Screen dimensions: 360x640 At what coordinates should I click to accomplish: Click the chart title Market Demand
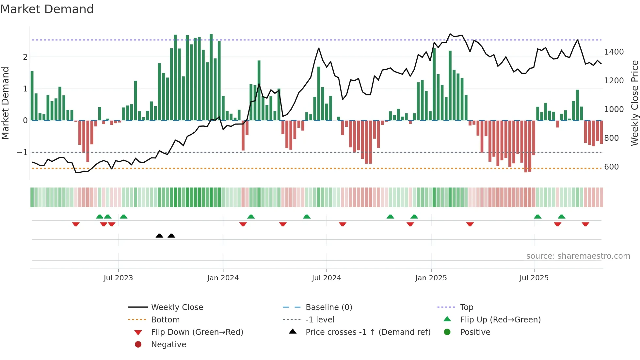[x=47, y=9]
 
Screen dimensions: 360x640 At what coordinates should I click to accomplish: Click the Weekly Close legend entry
[x=177, y=307]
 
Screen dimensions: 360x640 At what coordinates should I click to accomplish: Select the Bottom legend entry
[x=165, y=319]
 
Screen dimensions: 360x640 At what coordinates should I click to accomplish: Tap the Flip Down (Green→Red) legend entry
[x=197, y=332]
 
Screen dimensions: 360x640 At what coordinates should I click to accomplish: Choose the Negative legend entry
[x=168, y=344]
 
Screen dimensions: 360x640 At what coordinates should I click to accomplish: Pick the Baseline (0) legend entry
[x=328, y=307]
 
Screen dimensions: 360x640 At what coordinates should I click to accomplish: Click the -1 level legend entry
[x=320, y=319]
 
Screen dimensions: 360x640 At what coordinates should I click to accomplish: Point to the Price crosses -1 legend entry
[x=368, y=332]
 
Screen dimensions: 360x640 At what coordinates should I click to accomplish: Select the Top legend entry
[x=467, y=307]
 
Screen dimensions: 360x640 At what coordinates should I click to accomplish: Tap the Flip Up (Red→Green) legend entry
[x=500, y=319]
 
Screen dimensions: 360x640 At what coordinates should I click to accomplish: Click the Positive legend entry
[x=475, y=332]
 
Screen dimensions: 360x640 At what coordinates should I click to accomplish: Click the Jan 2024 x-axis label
[x=223, y=278]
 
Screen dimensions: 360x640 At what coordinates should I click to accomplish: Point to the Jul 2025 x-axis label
[x=534, y=278]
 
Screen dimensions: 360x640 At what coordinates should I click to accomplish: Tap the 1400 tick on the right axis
[x=614, y=52]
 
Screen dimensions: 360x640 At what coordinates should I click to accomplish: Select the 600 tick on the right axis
[x=611, y=167]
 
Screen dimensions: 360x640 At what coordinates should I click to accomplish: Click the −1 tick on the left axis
[x=22, y=153]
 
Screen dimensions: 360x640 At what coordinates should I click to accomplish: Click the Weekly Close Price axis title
[x=634, y=103]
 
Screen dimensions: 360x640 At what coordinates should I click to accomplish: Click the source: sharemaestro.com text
[x=578, y=256]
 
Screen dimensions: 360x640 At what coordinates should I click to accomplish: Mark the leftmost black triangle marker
[x=159, y=236]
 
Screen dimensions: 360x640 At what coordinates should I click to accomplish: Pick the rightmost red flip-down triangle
[x=585, y=224]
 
